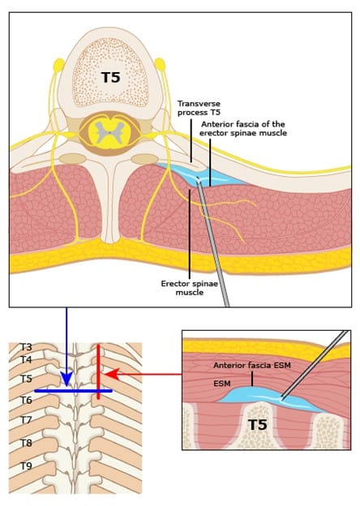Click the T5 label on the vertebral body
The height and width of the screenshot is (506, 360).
click(x=110, y=78)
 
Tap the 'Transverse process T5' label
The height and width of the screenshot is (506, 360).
click(x=199, y=108)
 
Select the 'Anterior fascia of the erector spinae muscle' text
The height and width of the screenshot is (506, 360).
click(x=243, y=128)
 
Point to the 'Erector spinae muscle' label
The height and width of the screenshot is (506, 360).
click(x=190, y=288)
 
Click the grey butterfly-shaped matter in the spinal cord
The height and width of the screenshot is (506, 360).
click(x=109, y=132)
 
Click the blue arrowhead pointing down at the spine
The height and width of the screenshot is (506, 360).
click(x=66, y=379)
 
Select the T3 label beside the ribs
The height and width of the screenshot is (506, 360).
click(x=27, y=347)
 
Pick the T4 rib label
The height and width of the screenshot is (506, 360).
click(x=27, y=359)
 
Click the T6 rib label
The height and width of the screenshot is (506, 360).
click(x=27, y=400)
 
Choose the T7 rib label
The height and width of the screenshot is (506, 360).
click(x=27, y=420)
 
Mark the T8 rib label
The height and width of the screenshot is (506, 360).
click(x=27, y=443)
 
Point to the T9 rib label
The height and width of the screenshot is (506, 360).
click(x=27, y=465)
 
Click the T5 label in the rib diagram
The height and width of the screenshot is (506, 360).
click(x=27, y=379)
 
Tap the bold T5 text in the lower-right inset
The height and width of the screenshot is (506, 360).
click(x=258, y=425)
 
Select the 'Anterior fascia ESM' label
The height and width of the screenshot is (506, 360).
click(x=252, y=365)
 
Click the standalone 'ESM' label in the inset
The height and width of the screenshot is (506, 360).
click(x=222, y=384)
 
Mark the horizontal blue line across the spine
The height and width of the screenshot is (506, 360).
click(x=73, y=391)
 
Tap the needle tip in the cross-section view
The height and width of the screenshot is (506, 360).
click(x=198, y=178)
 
